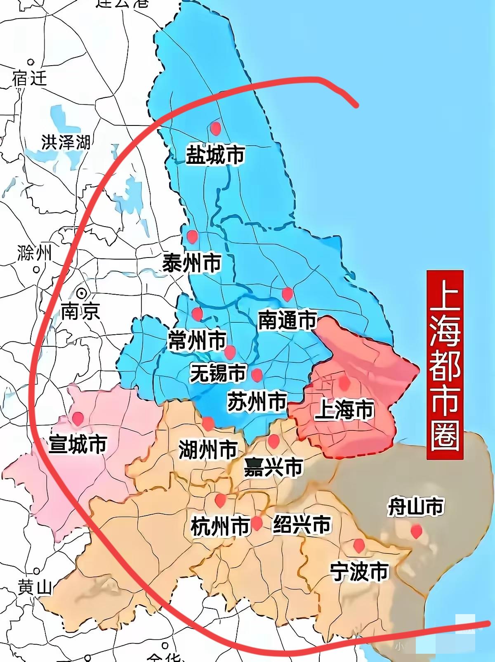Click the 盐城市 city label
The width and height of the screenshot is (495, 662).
pyautogui.click(x=215, y=155)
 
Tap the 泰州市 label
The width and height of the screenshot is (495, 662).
pyautogui.click(x=192, y=263)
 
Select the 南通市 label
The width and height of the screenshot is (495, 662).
pyautogui.click(x=287, y=320)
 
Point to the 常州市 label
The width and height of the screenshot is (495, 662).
pyautogui.click(x=197, y=340)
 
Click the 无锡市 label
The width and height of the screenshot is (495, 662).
pyautogui.click(x=218, y=373)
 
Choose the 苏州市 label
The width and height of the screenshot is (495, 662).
pyautogui.click(x=257, y=401)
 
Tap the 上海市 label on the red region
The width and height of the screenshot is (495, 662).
pyautogui.click(x=344, y=410)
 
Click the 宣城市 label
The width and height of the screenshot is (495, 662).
pyautogui.click(x=78, y=444)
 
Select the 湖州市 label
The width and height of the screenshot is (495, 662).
pyautogui.click(x=208, y=449)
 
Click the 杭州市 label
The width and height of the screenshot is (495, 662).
pyautogui.click(x=220, y=526)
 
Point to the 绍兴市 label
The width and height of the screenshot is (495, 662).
pyautogui.click(x=302, y=525)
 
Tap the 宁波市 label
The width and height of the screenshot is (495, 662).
pyautogui.click(x=359, y=572)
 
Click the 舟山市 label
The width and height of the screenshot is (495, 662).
pyautogui.click(x=415, y=506)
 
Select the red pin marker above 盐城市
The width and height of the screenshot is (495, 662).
pyautogui.click(x=215, y=128)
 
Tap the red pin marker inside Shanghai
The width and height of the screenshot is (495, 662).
pyautogui.click(x=344, y=383)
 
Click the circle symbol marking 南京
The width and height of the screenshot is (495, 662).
pyautogui.click(x=82, y=293)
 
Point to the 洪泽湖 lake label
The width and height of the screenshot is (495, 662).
pyautogui.click(x=66, y=142)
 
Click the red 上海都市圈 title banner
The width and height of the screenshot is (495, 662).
pyautogui.click(x=445, y=365)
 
